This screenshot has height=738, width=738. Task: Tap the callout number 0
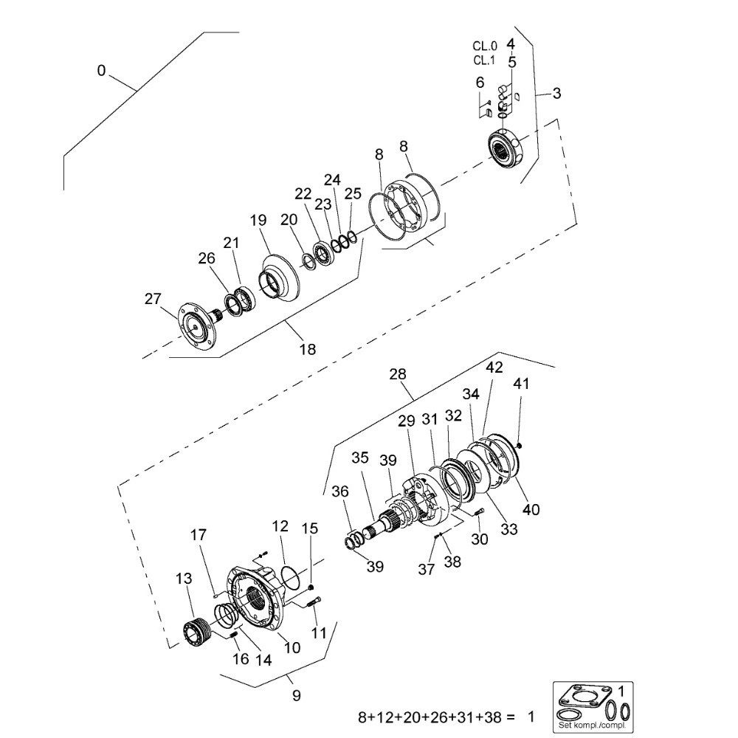coord(101,71)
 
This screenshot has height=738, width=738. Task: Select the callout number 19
coord(257,220)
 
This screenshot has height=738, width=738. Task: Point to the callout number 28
coord(398,375)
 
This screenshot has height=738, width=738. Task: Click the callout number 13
coord(184,578)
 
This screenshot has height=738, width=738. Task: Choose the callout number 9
coord(297,695)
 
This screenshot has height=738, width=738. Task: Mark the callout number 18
coord(307,349)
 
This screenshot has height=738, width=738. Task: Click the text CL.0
coord(484,46)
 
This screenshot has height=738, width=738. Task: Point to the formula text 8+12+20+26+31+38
coord(436,717)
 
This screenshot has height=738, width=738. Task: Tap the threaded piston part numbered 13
coord(196,632)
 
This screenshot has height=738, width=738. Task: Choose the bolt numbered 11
coord(313,605)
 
